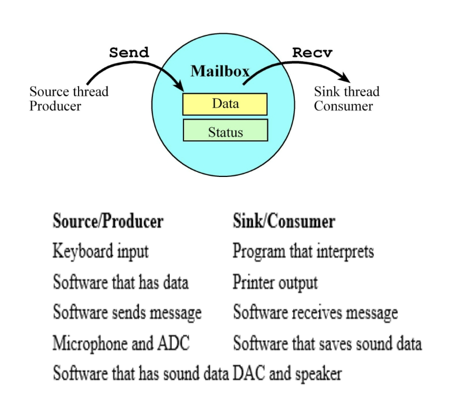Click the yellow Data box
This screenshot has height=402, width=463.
[x=225, y=104]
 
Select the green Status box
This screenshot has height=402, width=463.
[x=225, y=131]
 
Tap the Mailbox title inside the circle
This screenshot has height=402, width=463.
[x=220, y=71]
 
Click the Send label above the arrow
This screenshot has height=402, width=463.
[x=129, y=53]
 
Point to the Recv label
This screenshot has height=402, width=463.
[x=312, y=53]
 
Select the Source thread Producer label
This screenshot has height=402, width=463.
[x=69, y=98]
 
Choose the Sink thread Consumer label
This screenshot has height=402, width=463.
[x=346, y=98]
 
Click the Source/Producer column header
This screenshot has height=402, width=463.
[x=108, y=221]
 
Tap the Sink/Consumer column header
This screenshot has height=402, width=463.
[x=283, y=221]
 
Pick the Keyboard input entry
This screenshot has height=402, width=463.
[x=100, y=251]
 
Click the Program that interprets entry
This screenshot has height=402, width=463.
[x=303, y=251]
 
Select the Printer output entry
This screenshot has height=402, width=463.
[x=275, y=282]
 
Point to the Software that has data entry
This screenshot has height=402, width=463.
[x=120, y=282]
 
